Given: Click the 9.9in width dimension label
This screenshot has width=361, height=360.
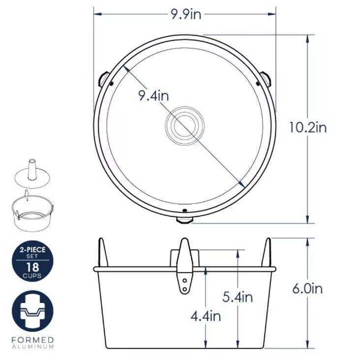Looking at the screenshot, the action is [186, 14].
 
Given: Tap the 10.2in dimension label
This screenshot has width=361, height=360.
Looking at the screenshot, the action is [308, 127].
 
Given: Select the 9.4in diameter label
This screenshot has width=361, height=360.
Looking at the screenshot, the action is [153, 96].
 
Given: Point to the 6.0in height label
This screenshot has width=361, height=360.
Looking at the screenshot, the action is [307, 289].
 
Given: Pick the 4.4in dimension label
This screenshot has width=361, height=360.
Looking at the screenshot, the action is [206, 316].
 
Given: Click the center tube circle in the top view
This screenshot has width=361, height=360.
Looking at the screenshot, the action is [184, 126].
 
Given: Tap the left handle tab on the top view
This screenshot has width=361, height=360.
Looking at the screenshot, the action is [104, 79].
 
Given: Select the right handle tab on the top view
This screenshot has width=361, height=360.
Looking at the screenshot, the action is [266, 79].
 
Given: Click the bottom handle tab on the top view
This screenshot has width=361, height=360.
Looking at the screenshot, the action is [184, 220].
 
